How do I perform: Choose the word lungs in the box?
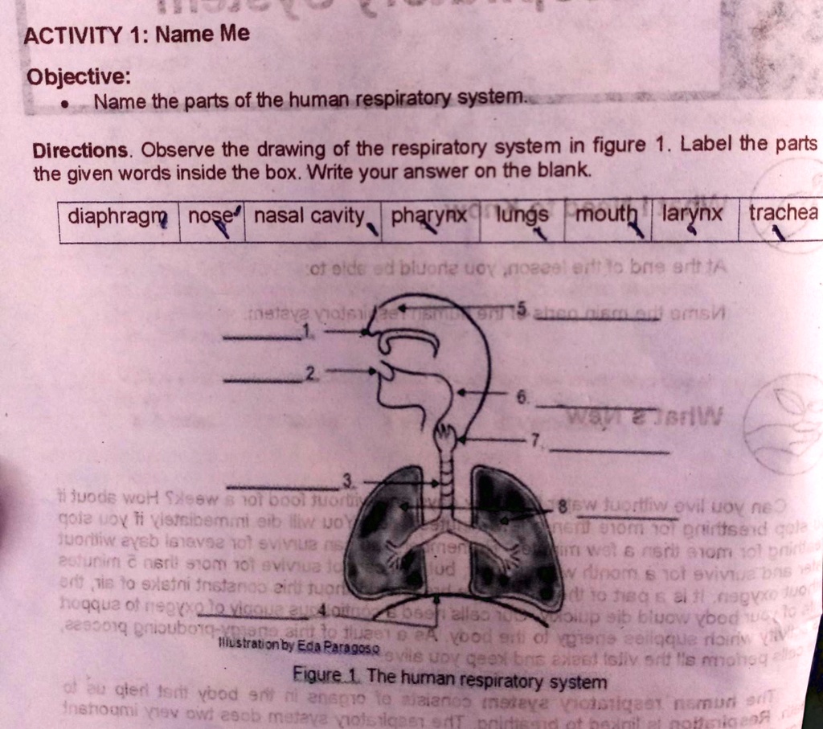click(522, 215)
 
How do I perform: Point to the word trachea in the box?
click(783, 214)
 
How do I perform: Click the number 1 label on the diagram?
click(305, 329)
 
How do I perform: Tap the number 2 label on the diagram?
click(309, 371)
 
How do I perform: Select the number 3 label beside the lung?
click(347, 481)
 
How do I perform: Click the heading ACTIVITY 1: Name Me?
click(137, 35)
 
